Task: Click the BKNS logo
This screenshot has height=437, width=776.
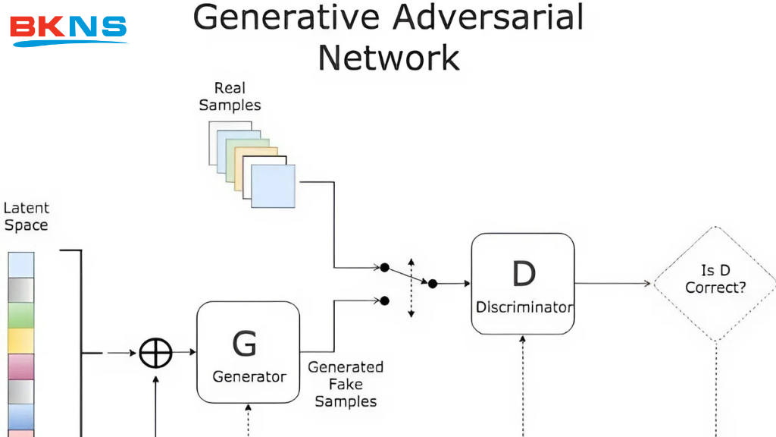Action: (68, 29)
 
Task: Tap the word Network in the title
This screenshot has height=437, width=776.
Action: (388, 57)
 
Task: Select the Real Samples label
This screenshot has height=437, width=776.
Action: (230, 97)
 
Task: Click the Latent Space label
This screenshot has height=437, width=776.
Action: (26, 216)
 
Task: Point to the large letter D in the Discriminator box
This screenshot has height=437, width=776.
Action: (524, 274)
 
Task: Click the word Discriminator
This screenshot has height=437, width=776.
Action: (524, 308)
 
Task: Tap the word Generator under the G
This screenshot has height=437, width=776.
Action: (249, 377)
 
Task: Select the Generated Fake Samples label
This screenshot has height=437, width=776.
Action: (346, 384)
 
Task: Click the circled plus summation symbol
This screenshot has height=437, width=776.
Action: (156, 353)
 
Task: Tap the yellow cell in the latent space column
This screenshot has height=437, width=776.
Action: (21, 340)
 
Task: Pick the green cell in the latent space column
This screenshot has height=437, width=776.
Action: (21, 315)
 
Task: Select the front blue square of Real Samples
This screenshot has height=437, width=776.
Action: (273, 186)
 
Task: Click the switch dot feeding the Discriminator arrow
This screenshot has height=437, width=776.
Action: (433, 284)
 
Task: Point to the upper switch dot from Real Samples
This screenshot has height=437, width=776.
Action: (384, 268)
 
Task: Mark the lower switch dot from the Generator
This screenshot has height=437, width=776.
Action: (384, 300)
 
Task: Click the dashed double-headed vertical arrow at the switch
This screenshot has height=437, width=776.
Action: (411, 288)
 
